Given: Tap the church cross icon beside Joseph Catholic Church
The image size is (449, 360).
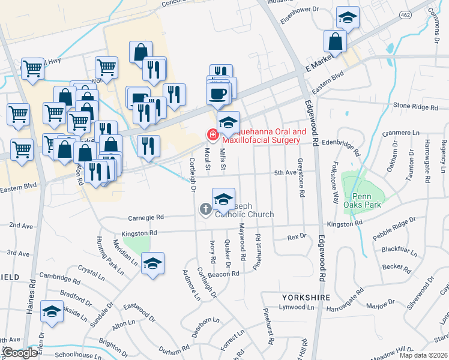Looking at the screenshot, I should coord(205,209).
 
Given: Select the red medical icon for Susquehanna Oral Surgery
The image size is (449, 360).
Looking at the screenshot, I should coord(212,134).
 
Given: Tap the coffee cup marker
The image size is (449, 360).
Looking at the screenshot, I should coord(217,94).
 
